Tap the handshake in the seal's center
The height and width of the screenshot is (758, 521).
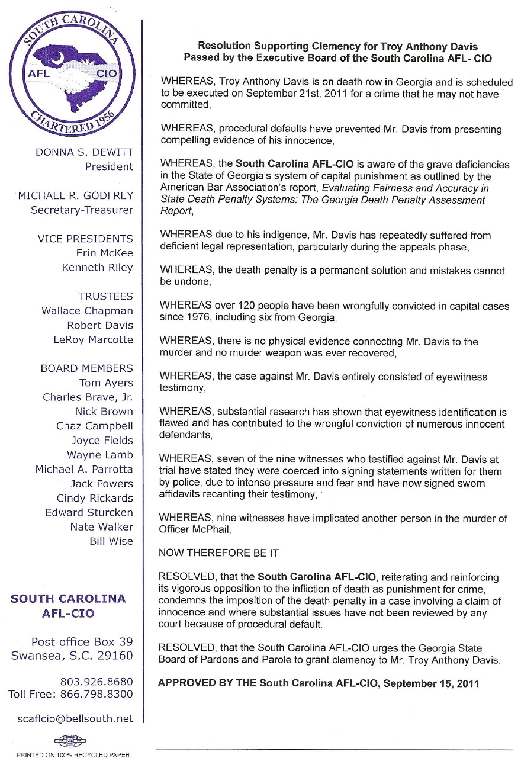click(x=72, y=76)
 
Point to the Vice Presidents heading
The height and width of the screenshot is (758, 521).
click(x=85, y=239)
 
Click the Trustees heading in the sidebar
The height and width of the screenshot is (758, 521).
click(x=105, y=297)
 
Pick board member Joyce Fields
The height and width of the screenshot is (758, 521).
click(x=102, y=441)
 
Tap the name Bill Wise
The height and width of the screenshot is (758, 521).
click(x=111, y=541)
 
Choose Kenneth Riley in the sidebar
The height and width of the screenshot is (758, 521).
click(x=98, y=268)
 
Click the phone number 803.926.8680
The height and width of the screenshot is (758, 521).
click(x=97, y=682)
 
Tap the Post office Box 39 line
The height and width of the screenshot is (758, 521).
click(x=82, y=642)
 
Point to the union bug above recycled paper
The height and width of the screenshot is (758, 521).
click(x=70, y=741)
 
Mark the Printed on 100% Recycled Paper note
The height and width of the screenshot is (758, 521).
click(x=73, y=754)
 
